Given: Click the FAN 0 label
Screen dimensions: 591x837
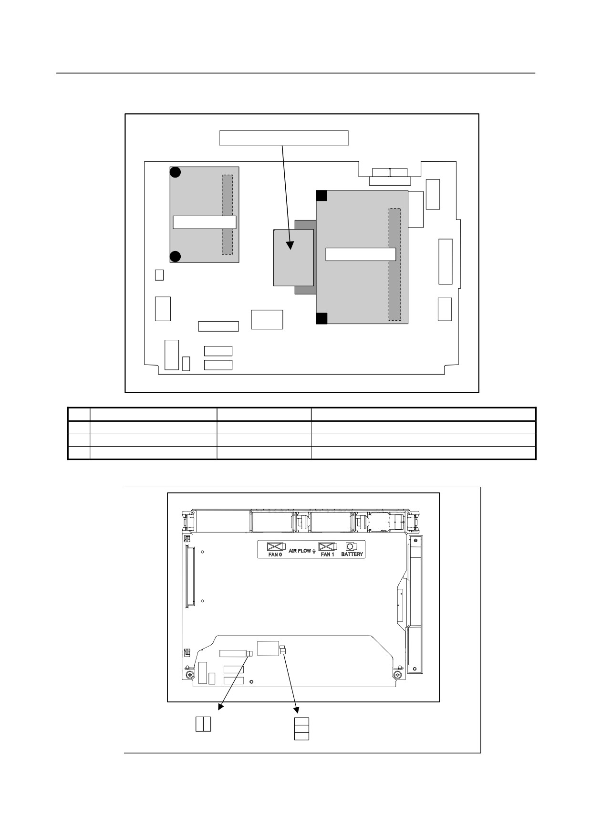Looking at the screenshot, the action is pos(275,555).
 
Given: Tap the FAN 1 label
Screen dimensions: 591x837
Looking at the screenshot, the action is pos(327,555).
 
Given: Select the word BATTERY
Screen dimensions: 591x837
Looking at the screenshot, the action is pos(352,555).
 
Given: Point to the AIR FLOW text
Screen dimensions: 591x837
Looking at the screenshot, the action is pos(300,551).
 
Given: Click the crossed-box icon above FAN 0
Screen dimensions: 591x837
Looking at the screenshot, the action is pos(275,546).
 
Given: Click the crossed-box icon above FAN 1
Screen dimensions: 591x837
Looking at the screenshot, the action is pos(327,546).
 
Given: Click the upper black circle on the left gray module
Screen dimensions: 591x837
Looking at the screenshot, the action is pos(176,172).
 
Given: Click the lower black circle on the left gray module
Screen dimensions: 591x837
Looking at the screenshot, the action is pos(176,257).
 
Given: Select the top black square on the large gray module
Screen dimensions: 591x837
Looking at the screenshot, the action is pos(322,196).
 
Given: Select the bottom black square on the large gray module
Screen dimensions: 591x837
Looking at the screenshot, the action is pos(322,318).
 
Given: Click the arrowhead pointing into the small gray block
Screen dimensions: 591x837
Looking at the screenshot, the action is pos(290,245).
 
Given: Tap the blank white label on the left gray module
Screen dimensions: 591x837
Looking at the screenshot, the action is pos(204,222).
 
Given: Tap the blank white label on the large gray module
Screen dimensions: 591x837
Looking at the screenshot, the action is pos(361,254).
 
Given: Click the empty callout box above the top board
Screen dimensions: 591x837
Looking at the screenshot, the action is pos(284,138).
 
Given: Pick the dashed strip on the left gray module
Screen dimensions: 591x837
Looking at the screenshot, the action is pos(228,215).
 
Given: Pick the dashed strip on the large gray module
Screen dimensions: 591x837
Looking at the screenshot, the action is pos(394,264).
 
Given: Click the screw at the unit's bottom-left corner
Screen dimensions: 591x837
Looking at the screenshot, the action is pos(190,675).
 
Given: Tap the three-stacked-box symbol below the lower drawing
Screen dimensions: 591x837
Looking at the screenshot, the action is pos(301,729).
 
